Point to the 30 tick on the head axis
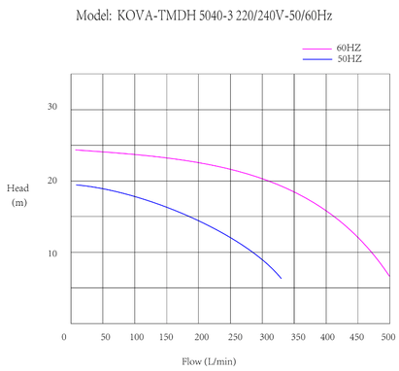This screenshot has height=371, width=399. coord(53,108)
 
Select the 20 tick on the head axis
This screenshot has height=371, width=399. coord(53,181)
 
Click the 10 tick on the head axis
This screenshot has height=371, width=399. coord(53,253)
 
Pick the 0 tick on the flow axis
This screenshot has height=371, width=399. coord(65,337)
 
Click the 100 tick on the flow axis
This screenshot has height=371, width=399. coord(137,337)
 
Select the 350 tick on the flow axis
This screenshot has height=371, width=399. coord(298,337)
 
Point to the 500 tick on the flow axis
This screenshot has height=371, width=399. coord(388,337)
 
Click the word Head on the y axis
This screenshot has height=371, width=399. coord(17,187)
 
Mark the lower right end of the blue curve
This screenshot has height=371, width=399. coord(282,279)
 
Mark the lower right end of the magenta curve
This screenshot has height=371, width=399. coord(389,277)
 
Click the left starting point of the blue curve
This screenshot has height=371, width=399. coord(76,185)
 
